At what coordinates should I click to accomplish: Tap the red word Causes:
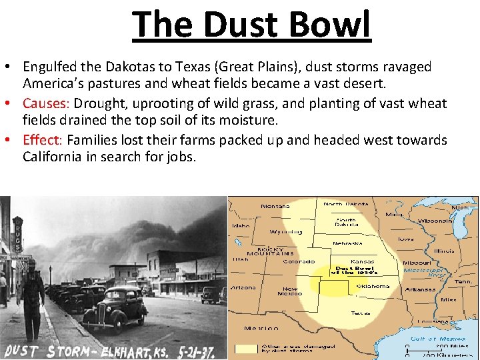47,103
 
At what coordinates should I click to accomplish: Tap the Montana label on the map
275,206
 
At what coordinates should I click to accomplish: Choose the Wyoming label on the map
285,232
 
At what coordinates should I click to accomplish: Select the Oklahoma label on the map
373,287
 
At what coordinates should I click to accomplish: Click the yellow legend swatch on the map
246,349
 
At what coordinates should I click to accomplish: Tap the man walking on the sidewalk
31,293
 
